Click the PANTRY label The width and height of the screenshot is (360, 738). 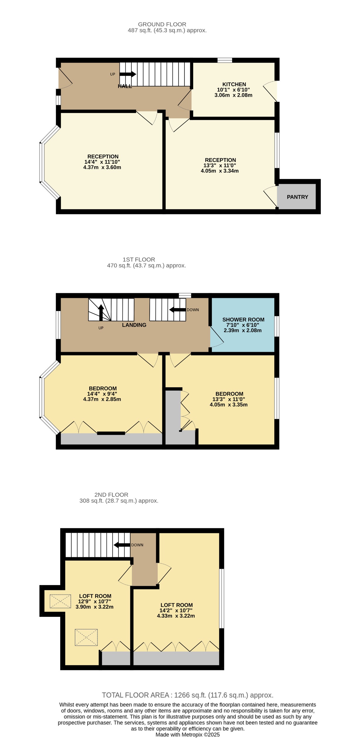[x=297, y=197]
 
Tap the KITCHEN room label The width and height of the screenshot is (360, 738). [x=234, y=84]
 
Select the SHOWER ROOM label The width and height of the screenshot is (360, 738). [x=243, y=320]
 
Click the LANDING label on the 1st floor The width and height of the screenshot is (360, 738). [x=134, y=325]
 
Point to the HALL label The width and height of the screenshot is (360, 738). [x=125, y=86]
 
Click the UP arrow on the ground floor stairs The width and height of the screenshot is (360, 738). [x=128, y=74]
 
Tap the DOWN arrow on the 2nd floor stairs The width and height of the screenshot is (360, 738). [x=122, y=545]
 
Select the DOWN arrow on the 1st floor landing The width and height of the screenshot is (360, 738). [x=178, y=310]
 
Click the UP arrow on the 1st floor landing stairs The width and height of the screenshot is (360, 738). [x=101, y=313]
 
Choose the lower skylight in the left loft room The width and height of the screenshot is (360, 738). [x=86, y=637]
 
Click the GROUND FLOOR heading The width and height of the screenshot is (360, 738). [x=162, y=24]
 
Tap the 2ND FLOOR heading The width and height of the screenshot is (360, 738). [x=111, y=495]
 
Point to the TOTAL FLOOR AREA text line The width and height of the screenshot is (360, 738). [x=188, y=695]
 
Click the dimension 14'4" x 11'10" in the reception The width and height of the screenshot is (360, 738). [x=102, y=162]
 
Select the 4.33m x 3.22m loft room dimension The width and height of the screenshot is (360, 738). [x=176, y=616]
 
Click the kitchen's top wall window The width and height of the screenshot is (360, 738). [x=225, y=60]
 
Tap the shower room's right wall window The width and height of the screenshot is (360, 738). [x=277, y=326]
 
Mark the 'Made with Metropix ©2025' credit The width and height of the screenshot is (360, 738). [x=188, y=734]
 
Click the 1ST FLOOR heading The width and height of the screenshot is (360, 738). [x=139, y=259]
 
